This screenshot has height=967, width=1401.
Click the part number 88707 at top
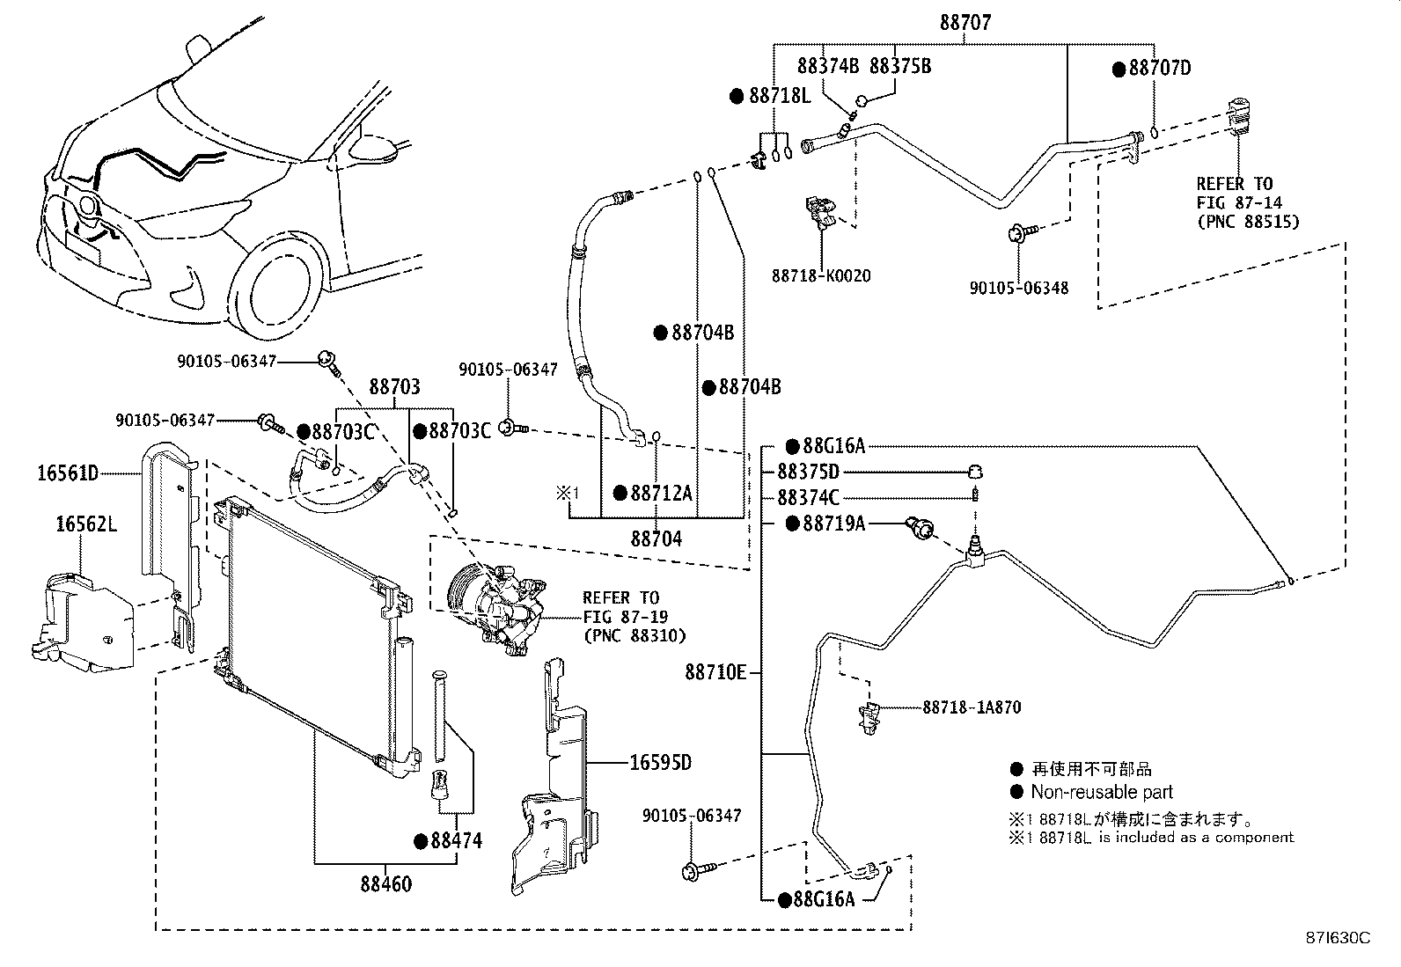pos(965,24)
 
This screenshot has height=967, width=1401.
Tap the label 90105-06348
pos(1019,288)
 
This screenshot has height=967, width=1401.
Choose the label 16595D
pos(660,762)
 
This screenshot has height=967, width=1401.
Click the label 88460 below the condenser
pos(385,883)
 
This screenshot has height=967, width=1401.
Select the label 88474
pos(456,840)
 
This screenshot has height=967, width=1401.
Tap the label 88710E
pos(715,673)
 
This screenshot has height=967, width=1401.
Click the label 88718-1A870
pos(972,707)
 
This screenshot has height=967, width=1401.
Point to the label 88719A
pos(833,524)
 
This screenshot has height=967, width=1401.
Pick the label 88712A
pos(661,493)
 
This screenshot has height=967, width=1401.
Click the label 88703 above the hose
pos(394,387)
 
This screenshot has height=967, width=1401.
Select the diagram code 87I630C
pos(1338,938)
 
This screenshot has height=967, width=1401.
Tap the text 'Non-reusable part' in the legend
pos(1102,792)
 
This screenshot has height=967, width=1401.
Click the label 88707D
pos(1159,69)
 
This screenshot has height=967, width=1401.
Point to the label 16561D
pos(68,474)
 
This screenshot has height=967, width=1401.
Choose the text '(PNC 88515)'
pos(1247,223)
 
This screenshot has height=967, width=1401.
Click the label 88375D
pos(808,473)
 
